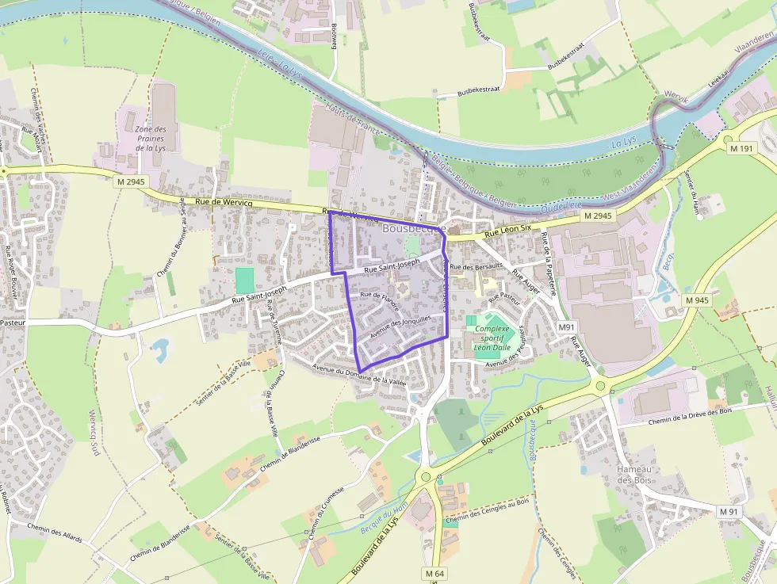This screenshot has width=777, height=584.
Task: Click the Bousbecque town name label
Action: click(x=413, y=228)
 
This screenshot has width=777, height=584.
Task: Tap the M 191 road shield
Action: click(x=743, y=149)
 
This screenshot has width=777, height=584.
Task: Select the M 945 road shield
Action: click(x=696, y=300)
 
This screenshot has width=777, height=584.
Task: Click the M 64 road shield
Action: click(x=434, y=573)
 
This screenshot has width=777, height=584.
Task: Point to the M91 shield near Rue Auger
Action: click(x=565, y=326)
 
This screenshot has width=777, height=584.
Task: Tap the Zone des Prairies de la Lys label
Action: click(x=150, y=139)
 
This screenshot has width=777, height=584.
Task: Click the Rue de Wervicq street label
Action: click(x=223, y=204)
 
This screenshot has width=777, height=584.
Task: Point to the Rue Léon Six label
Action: click(x=507, y=231)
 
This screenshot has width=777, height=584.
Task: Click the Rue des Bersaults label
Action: click(x=477, y=267)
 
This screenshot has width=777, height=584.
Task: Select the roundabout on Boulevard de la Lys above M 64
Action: click(x=426, y=477)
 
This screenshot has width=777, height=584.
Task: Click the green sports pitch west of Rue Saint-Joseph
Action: click(x=245, y=279)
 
